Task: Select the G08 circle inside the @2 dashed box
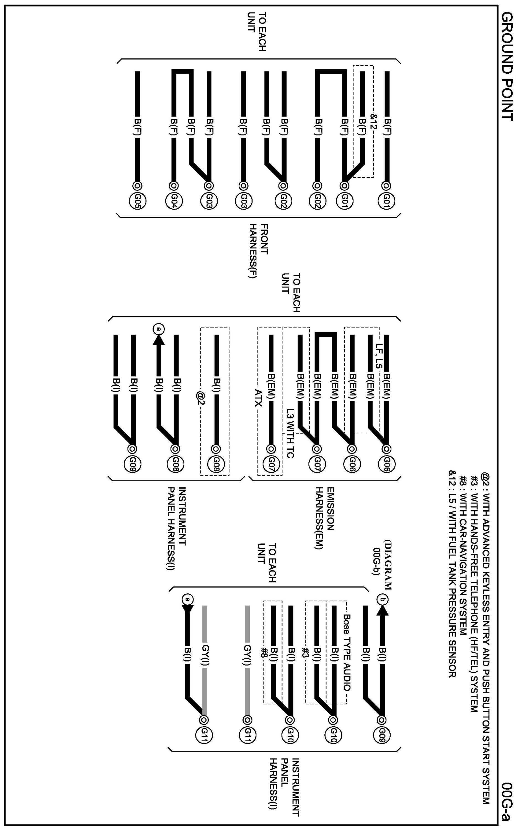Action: (215, 464)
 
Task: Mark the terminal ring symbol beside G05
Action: (137, 186)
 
